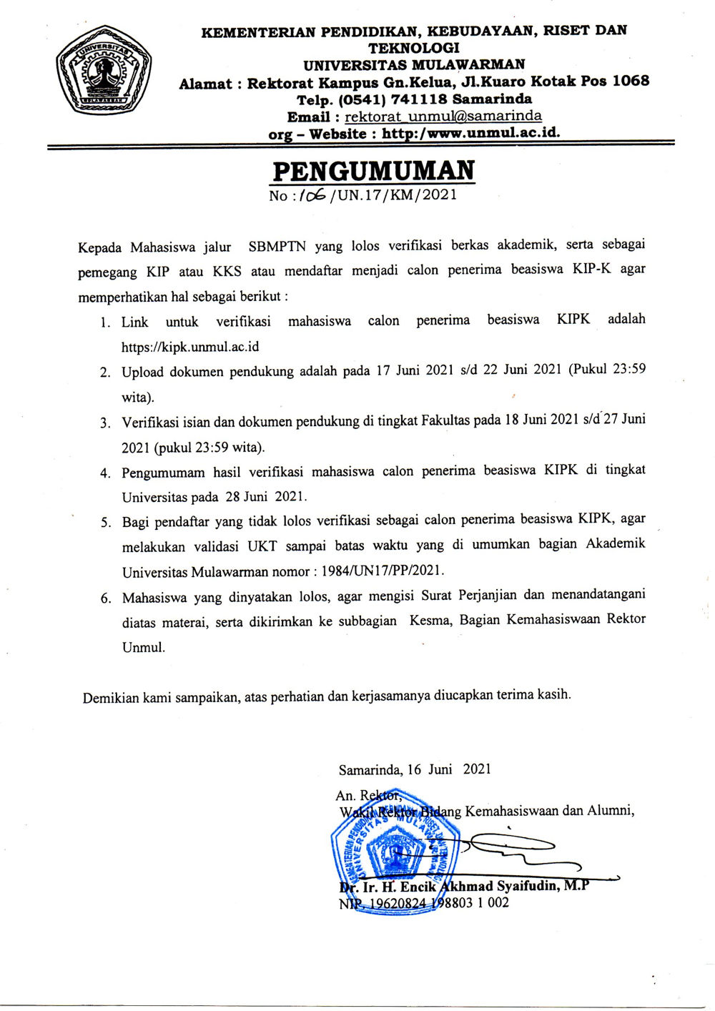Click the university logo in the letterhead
(102, 69)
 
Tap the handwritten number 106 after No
(312, 194)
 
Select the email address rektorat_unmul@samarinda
(443, 116)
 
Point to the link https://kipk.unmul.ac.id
(190, 347)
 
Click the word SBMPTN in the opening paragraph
(277, 247)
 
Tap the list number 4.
(105, 473)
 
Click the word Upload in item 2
(142, 372)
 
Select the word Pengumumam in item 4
(163, 473)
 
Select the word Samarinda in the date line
(370, 769)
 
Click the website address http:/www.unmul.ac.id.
(470, 133)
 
